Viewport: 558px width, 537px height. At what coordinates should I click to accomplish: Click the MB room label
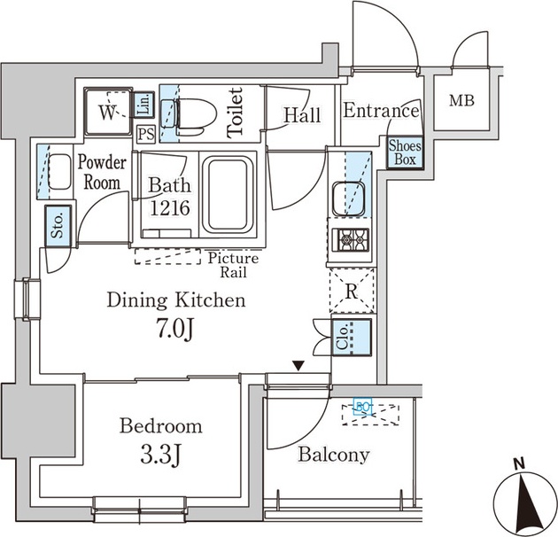click(461, 101)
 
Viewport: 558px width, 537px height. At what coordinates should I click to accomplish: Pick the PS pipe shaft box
click(146, 134)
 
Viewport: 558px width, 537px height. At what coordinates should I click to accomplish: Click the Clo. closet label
click(343, 339)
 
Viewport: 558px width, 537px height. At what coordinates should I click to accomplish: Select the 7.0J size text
click(174, 330)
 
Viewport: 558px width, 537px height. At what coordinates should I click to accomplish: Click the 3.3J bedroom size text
click(161, 456)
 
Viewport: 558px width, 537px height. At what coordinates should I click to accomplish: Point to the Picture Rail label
click(233, 264)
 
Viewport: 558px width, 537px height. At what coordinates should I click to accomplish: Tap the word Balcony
click(333, 455)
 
